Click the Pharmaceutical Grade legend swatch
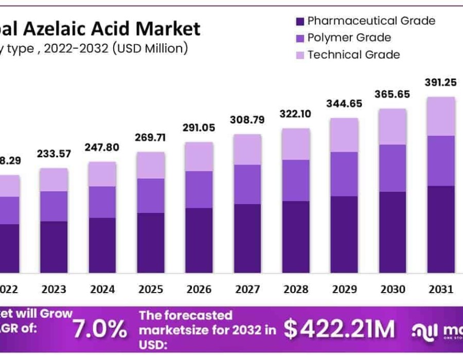(x=300, y=22)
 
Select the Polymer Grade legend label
(x=349, y=38)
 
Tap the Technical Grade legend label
(x=353, y=55)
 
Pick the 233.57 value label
(x=54, y=154)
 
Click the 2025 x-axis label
(x=150, y=289)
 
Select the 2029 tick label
(x=344, y=289)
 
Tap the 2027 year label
(x=247, y=289)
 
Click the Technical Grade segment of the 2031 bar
(x=441, y=116)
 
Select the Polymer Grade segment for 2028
(x=295, y=180)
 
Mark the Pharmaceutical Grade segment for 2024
(x=102, y=245)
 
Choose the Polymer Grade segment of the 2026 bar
(x=199, y=189)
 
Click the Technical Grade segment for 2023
(x=54, y=179)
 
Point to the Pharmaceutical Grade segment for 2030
(x=393, y=232)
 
